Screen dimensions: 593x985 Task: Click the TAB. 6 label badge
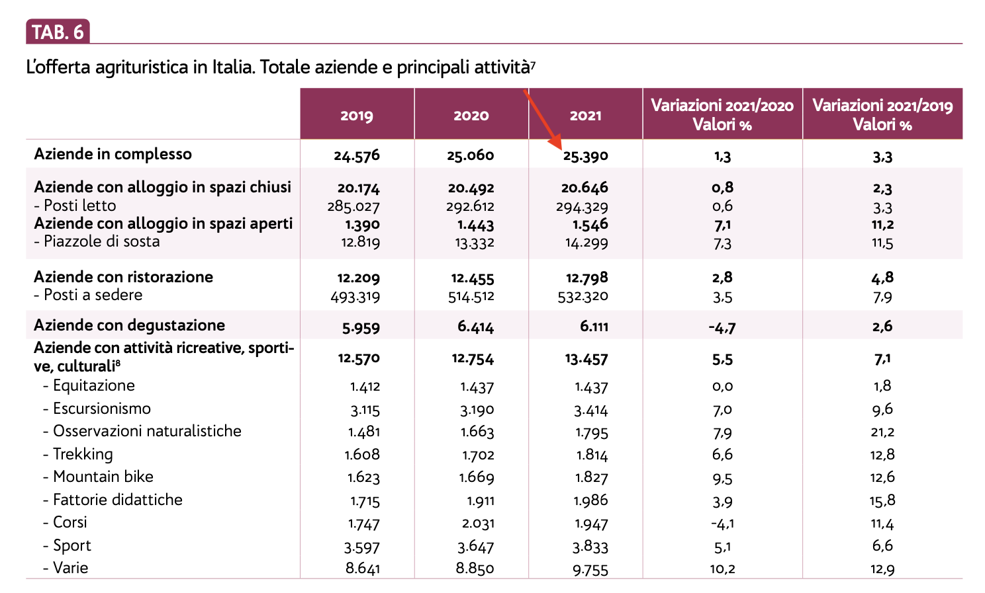tap(58, 32)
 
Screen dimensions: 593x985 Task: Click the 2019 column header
tap(357, 116)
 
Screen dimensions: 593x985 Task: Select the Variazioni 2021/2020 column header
tap(722, 115)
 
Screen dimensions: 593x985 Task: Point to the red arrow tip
tap(560, 147)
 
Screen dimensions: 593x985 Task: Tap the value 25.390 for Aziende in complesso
tap(586, 157)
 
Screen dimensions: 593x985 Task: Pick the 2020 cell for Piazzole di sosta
tap(475, 243)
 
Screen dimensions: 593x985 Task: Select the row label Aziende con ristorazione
tap(124, 277)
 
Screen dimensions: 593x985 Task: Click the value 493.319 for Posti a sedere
tap(355, 297)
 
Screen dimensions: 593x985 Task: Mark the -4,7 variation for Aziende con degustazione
tap(722, 327)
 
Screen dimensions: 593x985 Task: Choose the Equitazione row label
tap(93, 386)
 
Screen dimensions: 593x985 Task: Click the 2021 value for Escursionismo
tap(591, 410)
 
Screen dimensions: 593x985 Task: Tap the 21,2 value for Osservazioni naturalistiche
tap(883, 432)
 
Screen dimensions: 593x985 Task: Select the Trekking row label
tap(83, 455)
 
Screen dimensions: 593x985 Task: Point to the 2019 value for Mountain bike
tap(363, 477)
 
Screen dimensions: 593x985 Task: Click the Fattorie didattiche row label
tap(117, 500)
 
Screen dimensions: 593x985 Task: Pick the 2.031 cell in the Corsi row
tap(477, 524)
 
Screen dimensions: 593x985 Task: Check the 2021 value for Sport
tap(591, 547)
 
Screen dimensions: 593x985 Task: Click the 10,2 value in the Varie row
tap(722, 569)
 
